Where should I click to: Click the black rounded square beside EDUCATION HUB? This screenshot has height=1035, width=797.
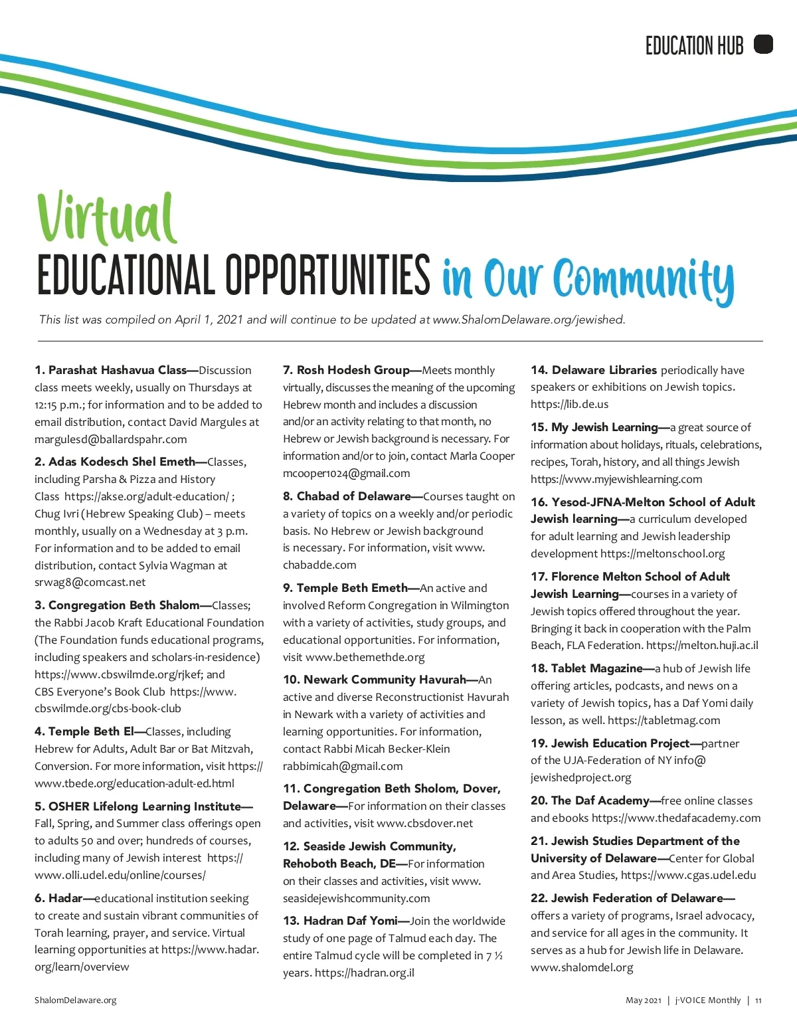(764, 45)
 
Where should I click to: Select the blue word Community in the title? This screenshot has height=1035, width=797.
(644, 279)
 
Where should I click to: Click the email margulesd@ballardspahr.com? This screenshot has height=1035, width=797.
(111, 439)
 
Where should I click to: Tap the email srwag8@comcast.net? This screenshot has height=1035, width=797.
(90, 582)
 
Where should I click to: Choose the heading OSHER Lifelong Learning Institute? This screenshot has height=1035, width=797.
(144, 806)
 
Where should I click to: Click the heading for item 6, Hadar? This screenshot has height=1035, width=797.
(65, 898)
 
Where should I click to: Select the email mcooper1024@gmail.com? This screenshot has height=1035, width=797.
(347, 473)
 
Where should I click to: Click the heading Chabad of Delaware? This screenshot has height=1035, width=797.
(353, 496)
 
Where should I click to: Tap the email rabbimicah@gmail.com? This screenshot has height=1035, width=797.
(343, 766)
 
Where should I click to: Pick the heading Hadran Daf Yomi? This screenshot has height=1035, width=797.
(350, 921)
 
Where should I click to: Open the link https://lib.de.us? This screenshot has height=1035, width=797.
(569, 404)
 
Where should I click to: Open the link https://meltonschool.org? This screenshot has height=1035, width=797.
(662, 553)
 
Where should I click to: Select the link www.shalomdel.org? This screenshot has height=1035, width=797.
(582, 967)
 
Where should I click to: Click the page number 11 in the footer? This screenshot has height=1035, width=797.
(758, 1000)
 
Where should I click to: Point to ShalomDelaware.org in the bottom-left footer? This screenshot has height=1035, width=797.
(76, 1000)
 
